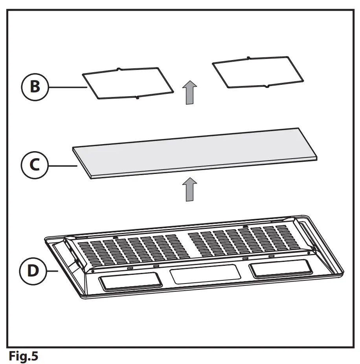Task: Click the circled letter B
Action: [35, 86]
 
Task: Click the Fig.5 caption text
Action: [24, 357]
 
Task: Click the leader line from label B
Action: [67, 87]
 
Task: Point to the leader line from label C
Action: [62, 166]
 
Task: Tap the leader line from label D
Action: [53, 271]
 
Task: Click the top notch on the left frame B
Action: [119, 70]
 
